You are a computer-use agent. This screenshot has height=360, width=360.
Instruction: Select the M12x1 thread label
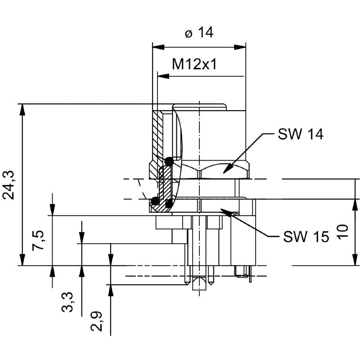coord(195,65)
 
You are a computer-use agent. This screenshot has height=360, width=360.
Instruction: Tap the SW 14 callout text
coord(300,134)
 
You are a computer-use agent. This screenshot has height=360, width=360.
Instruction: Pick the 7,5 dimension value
coord(39,240)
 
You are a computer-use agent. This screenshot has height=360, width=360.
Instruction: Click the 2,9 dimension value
coord(97,321)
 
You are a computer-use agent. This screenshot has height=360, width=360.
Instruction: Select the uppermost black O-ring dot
coord(169,161)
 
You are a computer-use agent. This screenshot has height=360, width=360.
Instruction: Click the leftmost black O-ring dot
coord(155,201)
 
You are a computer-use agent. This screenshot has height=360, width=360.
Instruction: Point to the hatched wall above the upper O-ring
coord(157,135)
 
